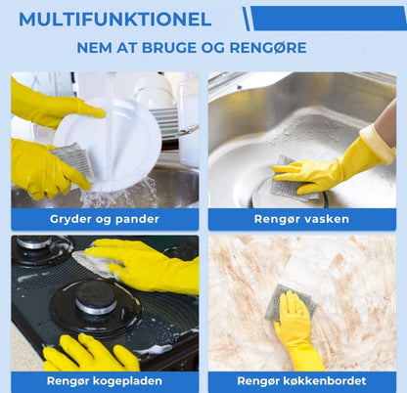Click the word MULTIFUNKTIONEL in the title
pos(114,20)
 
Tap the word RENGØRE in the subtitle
pos(268,48)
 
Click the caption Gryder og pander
pos(105,219)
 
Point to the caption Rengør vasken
pos(301,219)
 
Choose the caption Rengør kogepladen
pos(105,380)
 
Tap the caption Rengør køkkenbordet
pos(301,380)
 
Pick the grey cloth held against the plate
pos(73,161)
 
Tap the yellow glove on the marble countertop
pos(296,330)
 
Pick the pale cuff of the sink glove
pos(380,144)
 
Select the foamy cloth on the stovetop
pos(96,264)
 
